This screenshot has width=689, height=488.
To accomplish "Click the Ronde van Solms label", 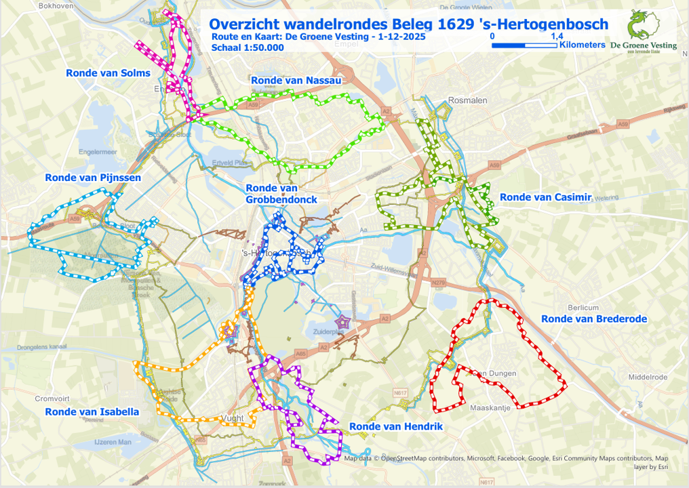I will pyautogui.click(x=108, y=73).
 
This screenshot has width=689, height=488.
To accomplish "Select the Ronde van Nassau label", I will pyautogui.click(x=295, y=80).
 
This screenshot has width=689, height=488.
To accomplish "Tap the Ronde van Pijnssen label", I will pyautogui.click(x=93, y=178).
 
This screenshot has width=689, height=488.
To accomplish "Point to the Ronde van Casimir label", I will pyautogui.click(x=546, y=197).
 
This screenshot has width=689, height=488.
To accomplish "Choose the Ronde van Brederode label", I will pyautogui.click(x=594, y=319).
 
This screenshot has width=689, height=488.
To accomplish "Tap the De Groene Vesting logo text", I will pyautogui.click(x=643, y=46).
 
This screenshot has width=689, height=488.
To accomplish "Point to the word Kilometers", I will pyautogui.click(x=582, y=45).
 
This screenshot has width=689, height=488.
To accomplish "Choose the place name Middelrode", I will pyautogui.click(x=648, y=377).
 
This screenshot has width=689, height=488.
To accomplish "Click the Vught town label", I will pyautogui.click(x=232, y=418).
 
